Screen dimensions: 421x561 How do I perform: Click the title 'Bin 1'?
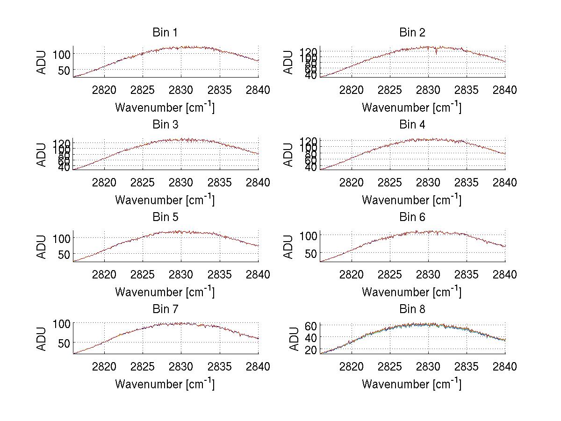click(165, 33)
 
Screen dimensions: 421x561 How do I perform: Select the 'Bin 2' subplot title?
click(412, 33)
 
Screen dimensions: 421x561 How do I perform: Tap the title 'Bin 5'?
click(165, 217)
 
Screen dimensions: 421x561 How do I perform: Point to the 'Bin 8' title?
click(412, 309)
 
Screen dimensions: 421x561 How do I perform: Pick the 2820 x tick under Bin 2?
click(351, 90)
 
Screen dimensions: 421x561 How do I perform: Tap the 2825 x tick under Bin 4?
click(389, 182)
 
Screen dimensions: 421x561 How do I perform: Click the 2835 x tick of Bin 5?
click(220, 274)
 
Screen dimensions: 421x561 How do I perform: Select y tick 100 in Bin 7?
click(61, 323)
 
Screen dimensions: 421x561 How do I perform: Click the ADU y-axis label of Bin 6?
click(288, 247)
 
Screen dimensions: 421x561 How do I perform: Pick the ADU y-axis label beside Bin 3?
click(42, 155)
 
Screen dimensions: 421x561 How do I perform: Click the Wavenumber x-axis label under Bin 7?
click(165, 384)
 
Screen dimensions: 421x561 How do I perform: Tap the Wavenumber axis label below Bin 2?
click(412, 107)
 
